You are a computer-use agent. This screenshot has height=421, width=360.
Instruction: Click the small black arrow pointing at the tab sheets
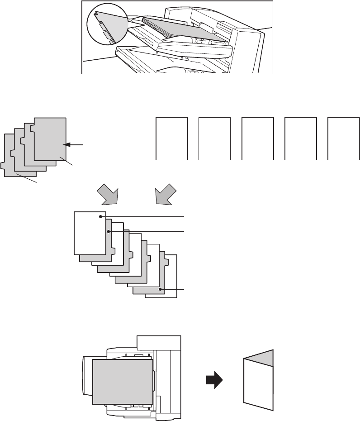pyautogui.click(x=74, y=145)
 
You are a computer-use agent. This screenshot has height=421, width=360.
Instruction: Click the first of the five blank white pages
pyautogui.click(x=172, y=138)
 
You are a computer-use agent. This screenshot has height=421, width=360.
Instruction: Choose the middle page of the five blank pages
pyautogui.click(x=258, y=138)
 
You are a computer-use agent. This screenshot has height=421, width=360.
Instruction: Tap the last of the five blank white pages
pyautogui.click(x=344, y=138)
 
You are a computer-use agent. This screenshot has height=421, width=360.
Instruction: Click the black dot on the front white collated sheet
pyautogui.click(x=100, y=217)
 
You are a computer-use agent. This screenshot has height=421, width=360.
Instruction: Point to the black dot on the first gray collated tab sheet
pyautogui.click(x=109, y=231)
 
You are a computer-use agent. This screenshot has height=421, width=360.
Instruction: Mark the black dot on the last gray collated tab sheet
pyautogui.click(x=160, y=288)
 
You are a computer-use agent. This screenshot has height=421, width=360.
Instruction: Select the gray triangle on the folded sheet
pyautogui.click(x=263, y=358)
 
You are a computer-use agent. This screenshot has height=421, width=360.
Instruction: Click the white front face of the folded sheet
pyautogui.click(x=258, y=385)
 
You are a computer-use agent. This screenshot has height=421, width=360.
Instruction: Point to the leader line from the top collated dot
pyautogui.click(x=145, y=217)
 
